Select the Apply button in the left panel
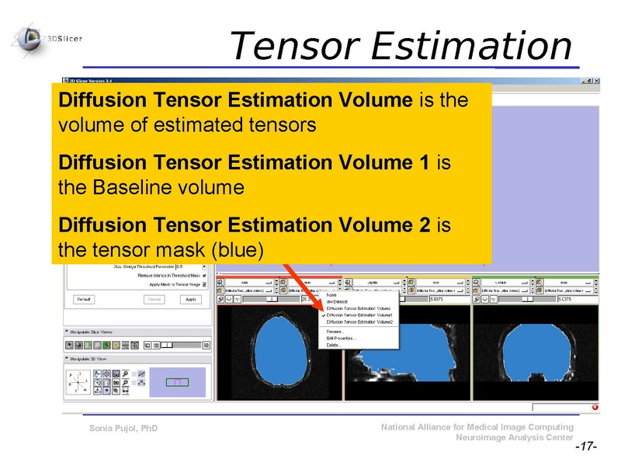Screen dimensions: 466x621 click(x=191, y=299)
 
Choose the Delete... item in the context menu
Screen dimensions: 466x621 click(x=335, y=345)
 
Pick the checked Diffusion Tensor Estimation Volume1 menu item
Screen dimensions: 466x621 click(x=359, y=315)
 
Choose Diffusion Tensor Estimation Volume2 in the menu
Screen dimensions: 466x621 click(x=359, y=322)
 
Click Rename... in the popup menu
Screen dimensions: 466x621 click(x=336, y=332)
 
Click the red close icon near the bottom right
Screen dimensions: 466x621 click(x=595, y=407)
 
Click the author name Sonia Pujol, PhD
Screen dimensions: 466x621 click(x=123, y=429)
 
